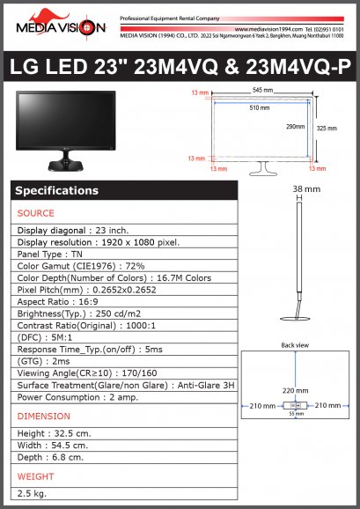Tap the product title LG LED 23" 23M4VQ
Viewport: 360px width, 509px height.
(x=180, y=68)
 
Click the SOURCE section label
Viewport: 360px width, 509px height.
(x=36, y=213)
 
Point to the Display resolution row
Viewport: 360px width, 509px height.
(x=99, y=242)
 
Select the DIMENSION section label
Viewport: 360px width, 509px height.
(x=44, y=416)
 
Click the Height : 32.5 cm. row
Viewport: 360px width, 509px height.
(x=55, y=433)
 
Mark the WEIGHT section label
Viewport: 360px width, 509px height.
(x=36, y=476)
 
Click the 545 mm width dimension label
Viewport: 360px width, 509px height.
(x=260, y=91)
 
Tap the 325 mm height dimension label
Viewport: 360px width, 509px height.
(x=326, y=129)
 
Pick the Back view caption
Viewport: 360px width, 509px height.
(x=295, y=345)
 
